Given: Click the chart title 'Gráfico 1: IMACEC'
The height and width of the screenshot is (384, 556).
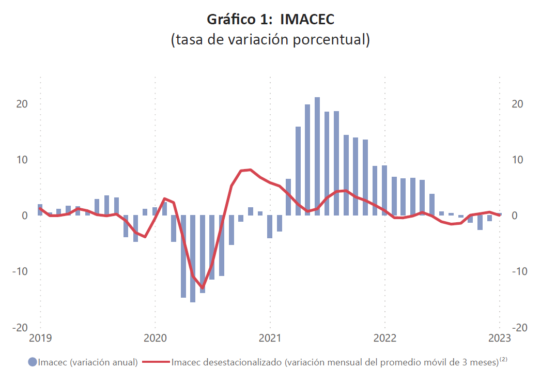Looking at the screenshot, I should point(270,20).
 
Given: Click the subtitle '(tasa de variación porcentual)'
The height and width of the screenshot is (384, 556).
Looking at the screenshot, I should point(270,40).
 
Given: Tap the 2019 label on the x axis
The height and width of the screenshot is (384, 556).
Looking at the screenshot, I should point(40,338).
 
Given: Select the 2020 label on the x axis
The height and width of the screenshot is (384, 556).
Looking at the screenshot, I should point(155,338).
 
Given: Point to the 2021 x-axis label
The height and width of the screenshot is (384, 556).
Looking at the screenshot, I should point(270,338).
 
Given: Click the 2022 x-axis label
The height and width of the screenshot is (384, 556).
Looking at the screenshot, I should point(384,338).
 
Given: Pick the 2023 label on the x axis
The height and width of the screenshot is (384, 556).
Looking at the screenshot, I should point(499,338).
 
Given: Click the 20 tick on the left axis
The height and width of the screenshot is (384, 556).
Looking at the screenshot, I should point(21,104).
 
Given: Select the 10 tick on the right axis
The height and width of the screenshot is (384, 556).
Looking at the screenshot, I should point(517,160).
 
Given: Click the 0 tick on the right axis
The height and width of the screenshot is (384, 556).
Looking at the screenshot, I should point(514,216).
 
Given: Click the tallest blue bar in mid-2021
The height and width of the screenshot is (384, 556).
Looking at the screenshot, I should point(317,155).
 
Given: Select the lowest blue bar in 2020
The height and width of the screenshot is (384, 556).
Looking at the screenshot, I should point(193,258).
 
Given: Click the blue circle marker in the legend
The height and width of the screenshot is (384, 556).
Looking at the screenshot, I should point(33,362).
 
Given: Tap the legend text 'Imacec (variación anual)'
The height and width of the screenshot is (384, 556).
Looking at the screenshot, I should point(88,362).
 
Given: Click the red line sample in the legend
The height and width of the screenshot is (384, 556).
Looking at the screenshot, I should point(156,362).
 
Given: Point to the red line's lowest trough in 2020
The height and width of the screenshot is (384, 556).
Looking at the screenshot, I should point(202,287).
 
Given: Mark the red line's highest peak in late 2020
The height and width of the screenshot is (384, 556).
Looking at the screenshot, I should point(250,170).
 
